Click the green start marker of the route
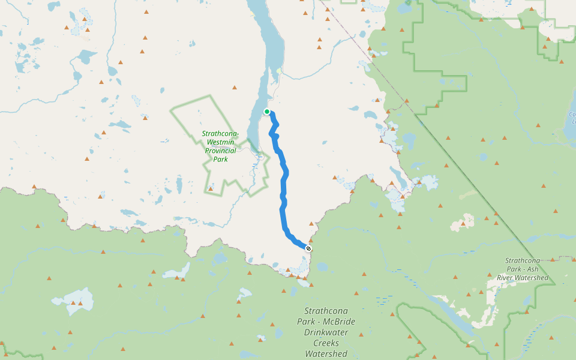click(x=267, y=112)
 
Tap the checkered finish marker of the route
click(x=308, y=248)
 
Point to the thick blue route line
click(x=283, y=204)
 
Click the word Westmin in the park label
click(x=220, y=142)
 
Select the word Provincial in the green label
click(x=220, y=151)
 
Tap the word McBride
click(x=340, y=322)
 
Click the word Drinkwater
click(x=326, y=332)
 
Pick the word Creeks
click(x=326, y=343)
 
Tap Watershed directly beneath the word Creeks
click(x=326, y=354)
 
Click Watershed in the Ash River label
click(x=533, y=278)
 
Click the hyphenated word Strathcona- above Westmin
click(x=220, y=134)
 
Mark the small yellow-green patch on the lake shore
click(x=278, y=71)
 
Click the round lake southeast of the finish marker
click(x=322, y=266)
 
